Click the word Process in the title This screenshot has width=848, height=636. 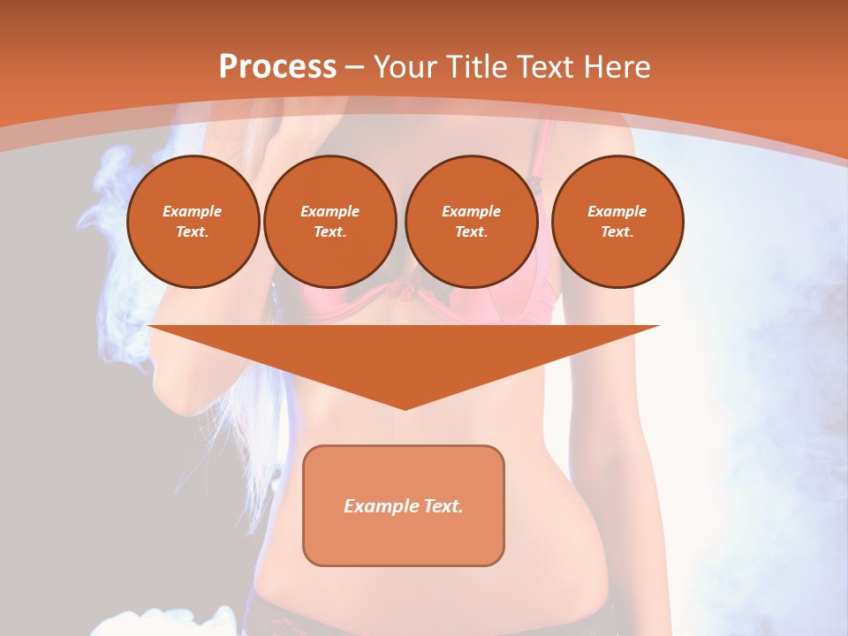[277, 67]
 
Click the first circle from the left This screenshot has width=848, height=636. [193, 222]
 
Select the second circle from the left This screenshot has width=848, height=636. [330, 222]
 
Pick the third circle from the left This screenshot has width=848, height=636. [471, 222]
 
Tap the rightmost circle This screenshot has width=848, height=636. [617, 222]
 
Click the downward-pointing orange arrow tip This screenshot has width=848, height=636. [405, 402]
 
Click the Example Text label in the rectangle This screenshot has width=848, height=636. [404, 506]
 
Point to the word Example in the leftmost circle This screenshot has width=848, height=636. [193, 211]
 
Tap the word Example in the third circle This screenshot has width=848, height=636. [471, 211]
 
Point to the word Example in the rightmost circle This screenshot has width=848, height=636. [617, 211]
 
